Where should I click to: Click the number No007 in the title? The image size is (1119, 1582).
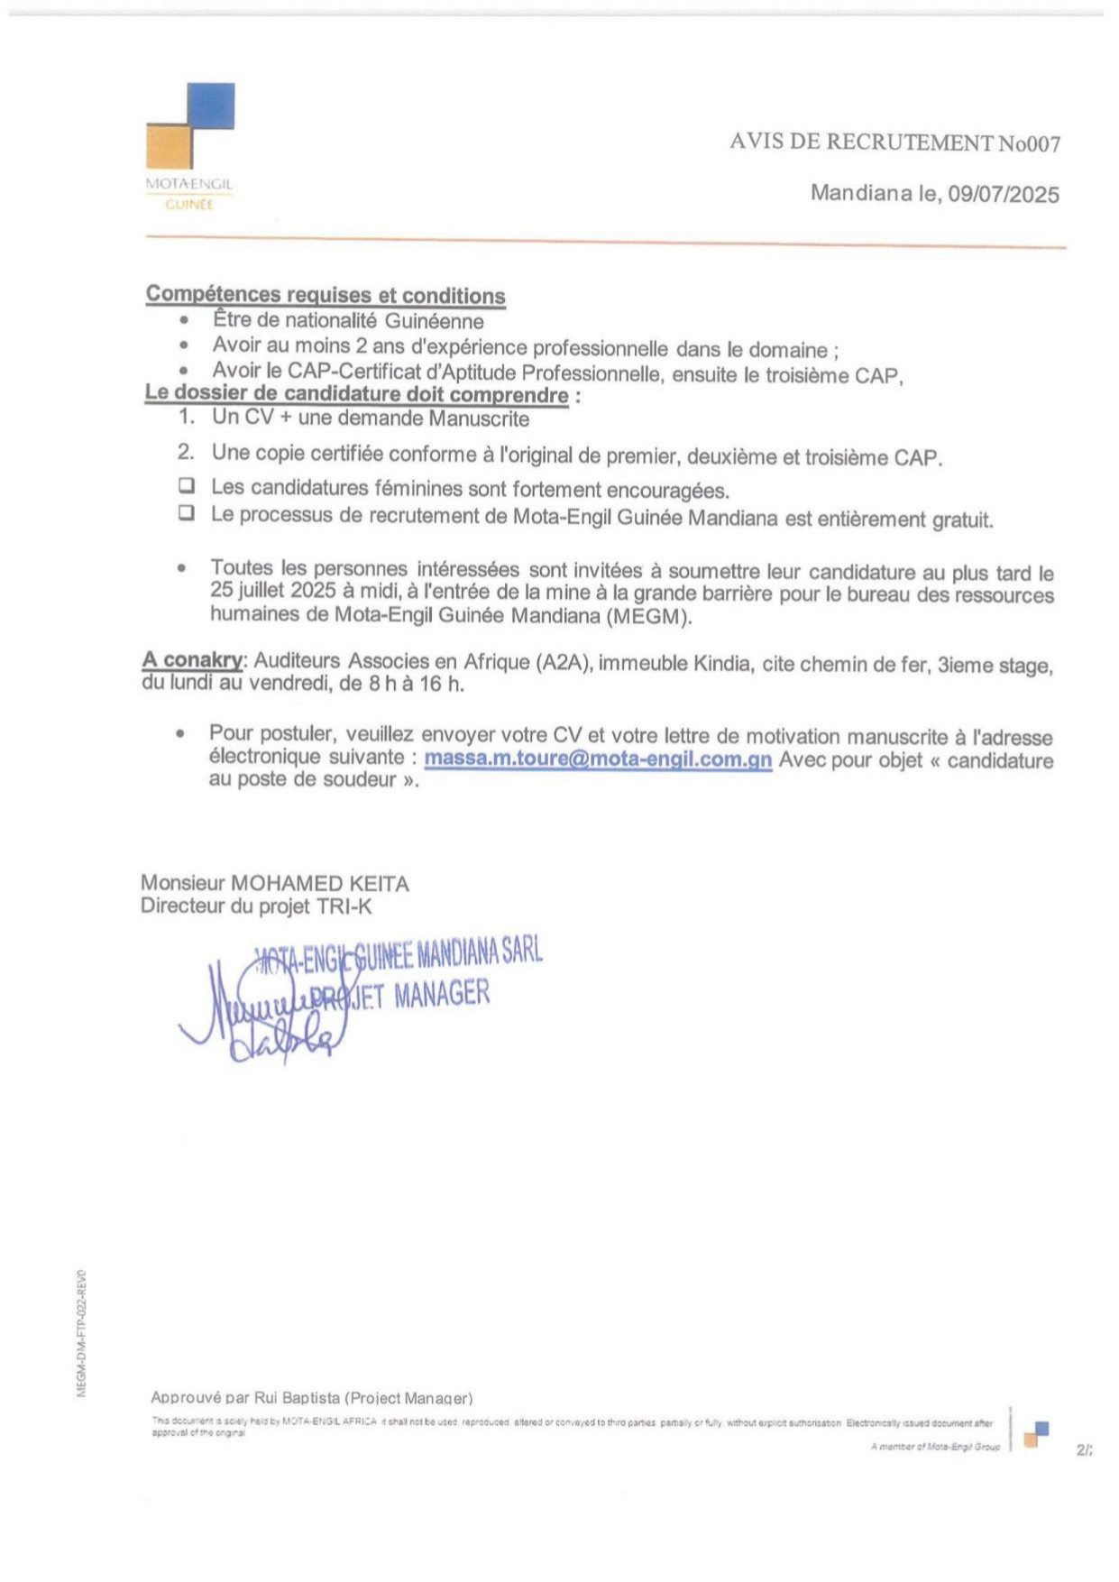tap(1029, 143)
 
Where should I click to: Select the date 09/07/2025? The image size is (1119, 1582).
tap(1003, 195)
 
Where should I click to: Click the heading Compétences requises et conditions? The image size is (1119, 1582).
tap(326, 295)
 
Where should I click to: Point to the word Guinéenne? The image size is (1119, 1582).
tap(434, 321)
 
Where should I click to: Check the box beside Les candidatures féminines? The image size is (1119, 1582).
tap(187, 486)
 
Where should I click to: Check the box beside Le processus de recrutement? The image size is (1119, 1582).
tap(187, 513)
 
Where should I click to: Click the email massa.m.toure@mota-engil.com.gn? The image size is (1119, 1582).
tap(598, 759)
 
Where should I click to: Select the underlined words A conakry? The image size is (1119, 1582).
tap(192, 660)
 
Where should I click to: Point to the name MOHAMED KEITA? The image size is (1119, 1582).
tap(320, 883)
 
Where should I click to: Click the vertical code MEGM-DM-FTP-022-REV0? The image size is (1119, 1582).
tap(81, 1334)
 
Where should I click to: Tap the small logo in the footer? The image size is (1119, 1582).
tap(1037, 1433)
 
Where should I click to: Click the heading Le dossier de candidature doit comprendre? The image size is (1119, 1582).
tap(357, 395)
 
